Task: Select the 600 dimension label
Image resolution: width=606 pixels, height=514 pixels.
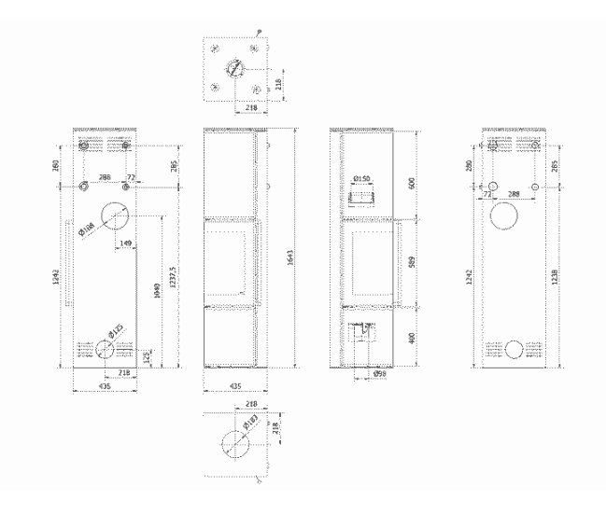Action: [412, 182]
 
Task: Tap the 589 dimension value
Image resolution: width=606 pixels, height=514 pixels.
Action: [412, 262]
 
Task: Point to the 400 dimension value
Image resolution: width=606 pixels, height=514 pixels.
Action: [412, 336]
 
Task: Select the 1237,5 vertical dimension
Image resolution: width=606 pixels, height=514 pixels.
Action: [171, 277]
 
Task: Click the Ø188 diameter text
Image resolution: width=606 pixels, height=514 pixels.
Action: [92, 228]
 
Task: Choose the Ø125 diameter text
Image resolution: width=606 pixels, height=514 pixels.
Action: [116, 331]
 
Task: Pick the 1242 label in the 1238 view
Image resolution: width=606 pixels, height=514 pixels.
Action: [469, 276]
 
